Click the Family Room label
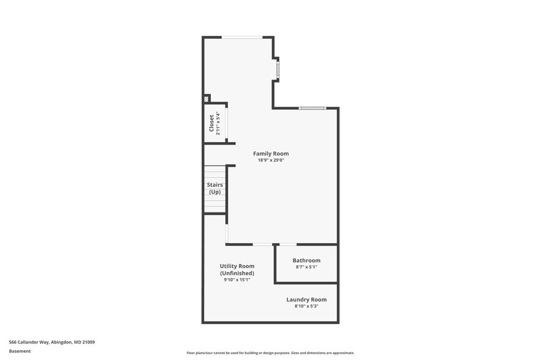coord(271,154)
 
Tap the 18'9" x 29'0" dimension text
coord(271,160)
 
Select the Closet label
coord(211,123)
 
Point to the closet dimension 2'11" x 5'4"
coord(218,123)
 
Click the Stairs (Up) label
coord(214,188)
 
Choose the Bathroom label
coord(306,260)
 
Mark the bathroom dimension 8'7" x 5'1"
coord(306,267)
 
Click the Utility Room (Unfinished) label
coord(237,269)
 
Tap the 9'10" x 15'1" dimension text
coord(237,279)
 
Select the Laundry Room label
coord(306,299)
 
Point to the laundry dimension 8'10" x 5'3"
coord(306,306)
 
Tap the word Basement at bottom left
coord(20,351)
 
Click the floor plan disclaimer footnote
coord(270,353)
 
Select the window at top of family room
coord(243,37)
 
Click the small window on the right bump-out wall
coord(278,70)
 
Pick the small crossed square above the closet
coord(206,98)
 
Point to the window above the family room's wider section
coord(312,108)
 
